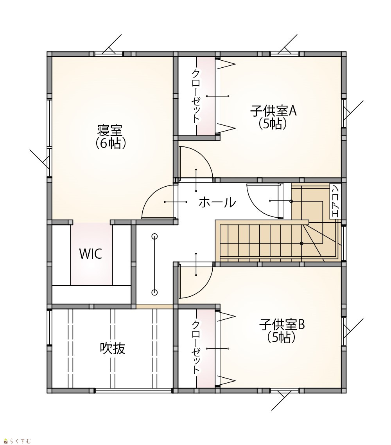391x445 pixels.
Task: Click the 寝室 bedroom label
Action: pos(110,130)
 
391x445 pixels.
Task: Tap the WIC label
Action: pos(91,254)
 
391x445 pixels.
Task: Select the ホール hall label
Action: pos(217,202)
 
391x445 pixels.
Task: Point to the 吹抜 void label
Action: pos(113,348)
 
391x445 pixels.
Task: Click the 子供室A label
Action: pos(273,111)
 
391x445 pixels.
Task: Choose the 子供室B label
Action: pos(282,325)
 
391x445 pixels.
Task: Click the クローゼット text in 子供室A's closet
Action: pos(196,97)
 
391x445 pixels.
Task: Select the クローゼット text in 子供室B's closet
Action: pos(196,348)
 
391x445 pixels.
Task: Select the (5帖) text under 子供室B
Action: pos(282,337)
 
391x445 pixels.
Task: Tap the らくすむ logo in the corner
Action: pos(17,441)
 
